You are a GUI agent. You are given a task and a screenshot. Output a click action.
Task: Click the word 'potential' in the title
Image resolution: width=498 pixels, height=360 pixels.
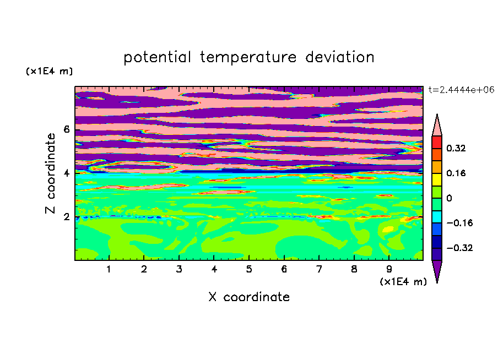tap(158, 57)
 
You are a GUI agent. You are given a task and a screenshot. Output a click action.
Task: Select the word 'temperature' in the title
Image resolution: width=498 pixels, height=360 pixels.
tap(248, 57)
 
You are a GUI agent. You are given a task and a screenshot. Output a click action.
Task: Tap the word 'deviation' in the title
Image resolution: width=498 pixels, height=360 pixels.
tap(340, 57)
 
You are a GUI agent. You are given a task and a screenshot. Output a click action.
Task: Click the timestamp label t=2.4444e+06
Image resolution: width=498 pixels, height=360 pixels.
tap(461, 90)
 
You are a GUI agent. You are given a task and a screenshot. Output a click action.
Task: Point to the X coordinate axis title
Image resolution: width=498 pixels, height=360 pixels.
tap(249, 297)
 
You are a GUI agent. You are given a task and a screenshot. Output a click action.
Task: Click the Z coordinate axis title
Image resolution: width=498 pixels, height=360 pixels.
tap(51, 173)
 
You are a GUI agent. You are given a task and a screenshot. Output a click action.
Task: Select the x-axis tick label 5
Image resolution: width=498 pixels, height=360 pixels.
tap(249, 269)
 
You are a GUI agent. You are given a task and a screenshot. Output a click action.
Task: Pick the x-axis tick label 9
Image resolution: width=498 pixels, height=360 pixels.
tap(389, 269)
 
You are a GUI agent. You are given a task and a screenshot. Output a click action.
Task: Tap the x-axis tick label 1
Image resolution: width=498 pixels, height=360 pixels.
tap(109, 269)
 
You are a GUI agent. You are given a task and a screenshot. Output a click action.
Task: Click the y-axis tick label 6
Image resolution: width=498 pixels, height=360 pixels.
tap(66, 129)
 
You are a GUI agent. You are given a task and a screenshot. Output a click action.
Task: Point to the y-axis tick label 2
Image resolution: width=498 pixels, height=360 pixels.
tap(66, 217)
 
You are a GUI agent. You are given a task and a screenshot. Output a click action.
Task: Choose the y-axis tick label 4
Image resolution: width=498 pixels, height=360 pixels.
tap(66, 173)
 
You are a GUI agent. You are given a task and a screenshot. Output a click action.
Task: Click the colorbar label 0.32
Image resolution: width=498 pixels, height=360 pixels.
tap(456, 148)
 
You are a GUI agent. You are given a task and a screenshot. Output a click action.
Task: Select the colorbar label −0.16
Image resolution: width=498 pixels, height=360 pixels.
tap(459, 223)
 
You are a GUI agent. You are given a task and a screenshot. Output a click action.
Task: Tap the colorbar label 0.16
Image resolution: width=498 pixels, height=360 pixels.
tap(456, 173)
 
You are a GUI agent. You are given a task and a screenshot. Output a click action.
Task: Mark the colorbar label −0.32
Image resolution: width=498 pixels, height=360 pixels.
tap(459, 248)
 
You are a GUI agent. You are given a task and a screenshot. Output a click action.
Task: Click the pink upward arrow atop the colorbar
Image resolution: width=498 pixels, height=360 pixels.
tap(437, 125)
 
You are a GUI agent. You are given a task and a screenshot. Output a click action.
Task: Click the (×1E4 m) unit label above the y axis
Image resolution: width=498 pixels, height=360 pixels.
tap(49, 71)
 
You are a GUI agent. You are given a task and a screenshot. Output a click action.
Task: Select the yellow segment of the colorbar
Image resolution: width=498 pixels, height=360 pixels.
tap(437, 179)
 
